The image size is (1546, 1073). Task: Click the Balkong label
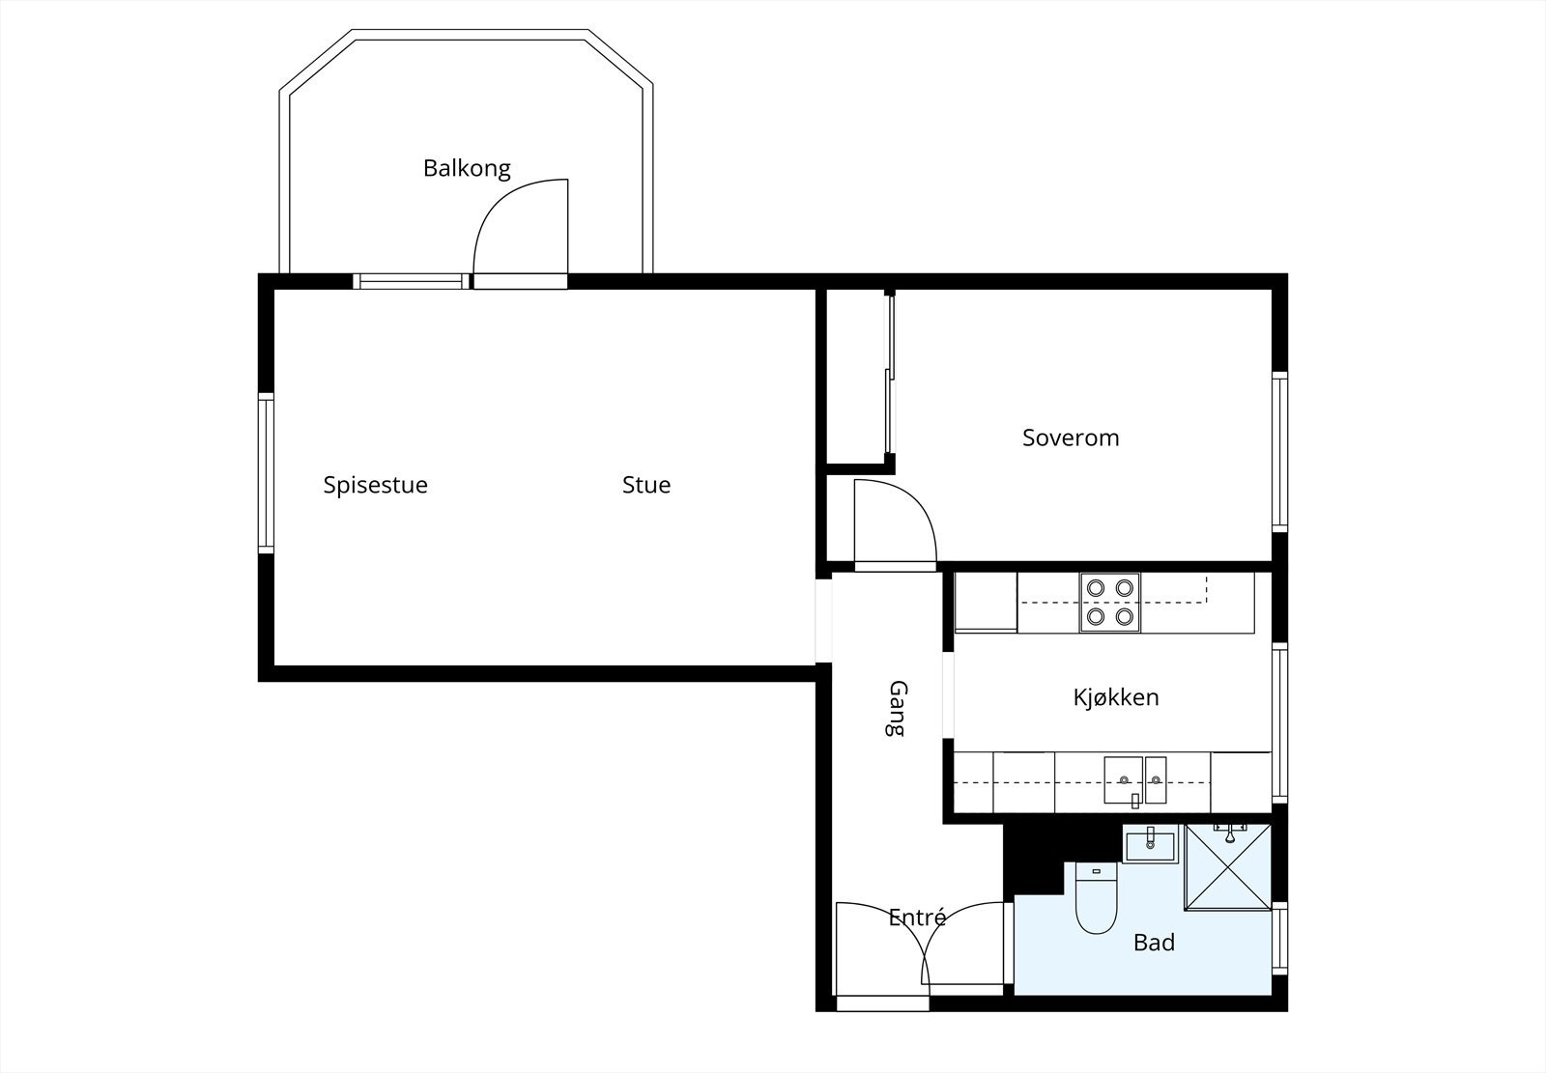(467, 168)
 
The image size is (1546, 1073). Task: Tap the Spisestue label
(375, 485)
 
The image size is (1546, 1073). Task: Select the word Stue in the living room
(645, 485)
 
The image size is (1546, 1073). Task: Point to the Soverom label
(1071, 438)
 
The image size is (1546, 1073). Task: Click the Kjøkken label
(1115, 697)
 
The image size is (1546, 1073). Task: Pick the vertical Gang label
(898, 709)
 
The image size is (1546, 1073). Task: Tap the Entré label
(917, 918)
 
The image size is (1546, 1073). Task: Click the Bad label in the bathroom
(1154, 943)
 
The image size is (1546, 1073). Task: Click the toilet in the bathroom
(1096, 900)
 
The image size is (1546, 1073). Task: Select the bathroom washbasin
(1150, 845)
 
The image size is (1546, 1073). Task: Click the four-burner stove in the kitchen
(1109, 602)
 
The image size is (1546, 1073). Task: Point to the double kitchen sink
(1135, 780)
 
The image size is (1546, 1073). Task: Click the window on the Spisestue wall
(266, 471)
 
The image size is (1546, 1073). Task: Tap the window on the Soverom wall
(1279, 451)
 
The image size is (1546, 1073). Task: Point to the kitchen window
(1279, 722)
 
